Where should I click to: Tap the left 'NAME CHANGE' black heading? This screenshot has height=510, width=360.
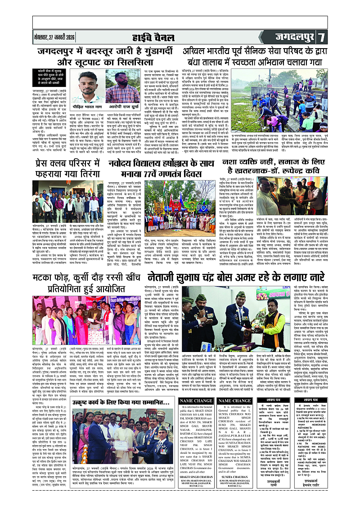coord(196,400)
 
